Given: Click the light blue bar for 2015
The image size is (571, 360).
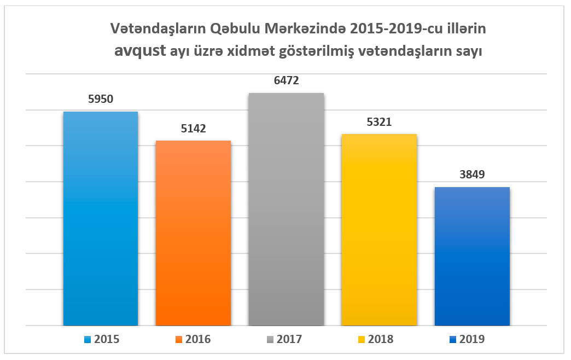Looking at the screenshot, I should pos(101,219).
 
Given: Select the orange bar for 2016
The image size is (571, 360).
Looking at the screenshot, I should pos(193,233).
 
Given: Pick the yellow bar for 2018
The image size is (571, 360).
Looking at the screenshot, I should pos(379,230).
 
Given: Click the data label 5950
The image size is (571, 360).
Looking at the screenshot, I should pos(101,100).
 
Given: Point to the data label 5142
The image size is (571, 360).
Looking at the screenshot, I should pos(193,129).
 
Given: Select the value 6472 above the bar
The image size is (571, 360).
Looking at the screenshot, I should pos(286,81).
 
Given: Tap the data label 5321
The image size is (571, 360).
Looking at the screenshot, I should pos(379,122).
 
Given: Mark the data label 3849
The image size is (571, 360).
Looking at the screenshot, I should pos(472,175).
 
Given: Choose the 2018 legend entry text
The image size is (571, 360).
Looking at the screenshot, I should pos(381,339).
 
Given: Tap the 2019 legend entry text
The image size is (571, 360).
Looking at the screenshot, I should pos(473,339).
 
